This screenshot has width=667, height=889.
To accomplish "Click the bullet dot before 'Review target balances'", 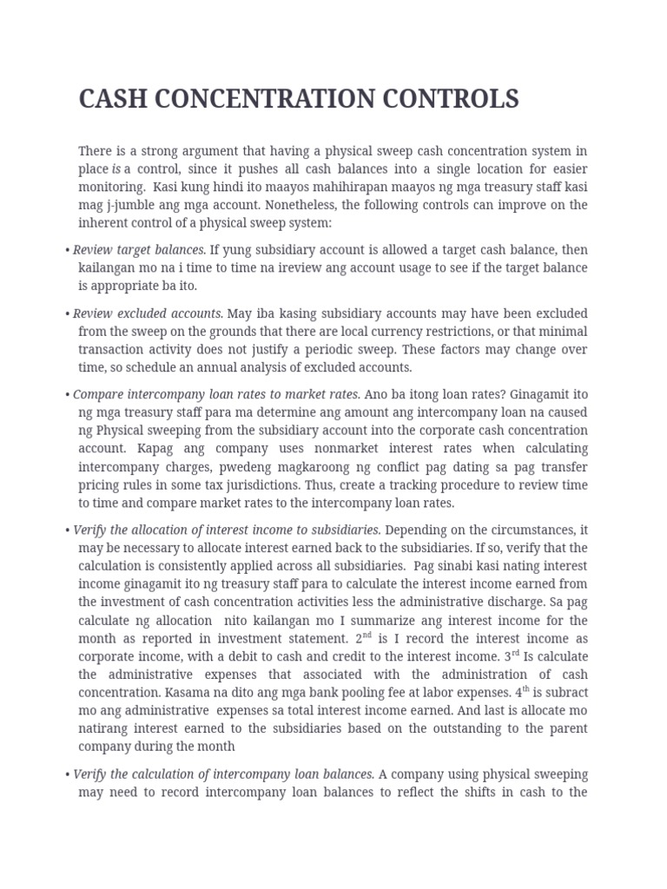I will (x=67, y=251).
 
